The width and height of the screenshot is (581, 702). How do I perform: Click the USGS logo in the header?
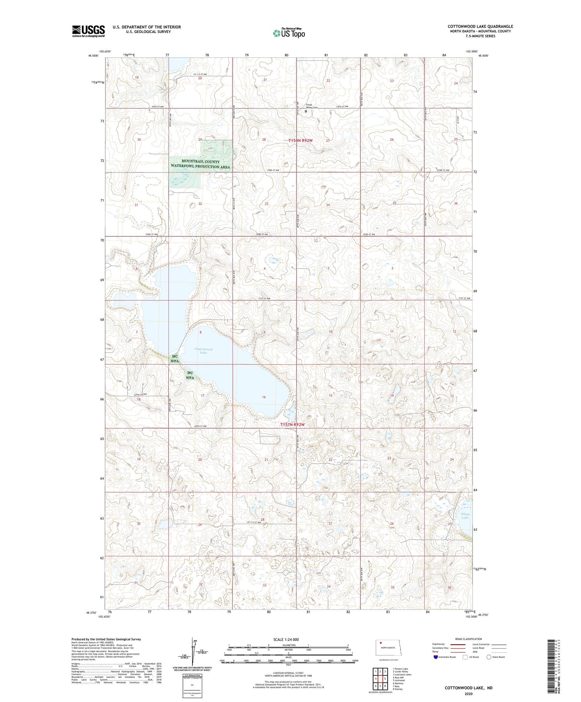[x=88, y=31]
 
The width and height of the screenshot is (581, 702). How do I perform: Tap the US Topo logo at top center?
[x=289, y=33]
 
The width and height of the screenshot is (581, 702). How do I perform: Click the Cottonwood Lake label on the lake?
[x=203, y=351]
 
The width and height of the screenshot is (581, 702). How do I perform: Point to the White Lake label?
[x=465, y=516]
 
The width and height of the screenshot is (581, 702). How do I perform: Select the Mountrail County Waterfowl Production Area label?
[x=200, y=164]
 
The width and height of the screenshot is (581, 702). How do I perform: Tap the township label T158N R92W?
[x=300, y=140]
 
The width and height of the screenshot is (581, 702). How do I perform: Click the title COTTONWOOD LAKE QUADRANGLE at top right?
[x=480, y=27]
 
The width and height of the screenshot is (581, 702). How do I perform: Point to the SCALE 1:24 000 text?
[x=285, y=639]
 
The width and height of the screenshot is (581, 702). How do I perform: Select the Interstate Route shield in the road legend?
[x=436, y=657]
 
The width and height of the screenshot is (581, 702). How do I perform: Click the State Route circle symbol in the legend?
[x=489, y=657]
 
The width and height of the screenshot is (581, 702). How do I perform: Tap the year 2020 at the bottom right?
[x=468, y=694]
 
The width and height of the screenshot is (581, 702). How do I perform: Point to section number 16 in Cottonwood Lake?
[x=264, y=397]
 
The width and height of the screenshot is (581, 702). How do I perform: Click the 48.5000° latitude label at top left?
[x=93, y=56]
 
